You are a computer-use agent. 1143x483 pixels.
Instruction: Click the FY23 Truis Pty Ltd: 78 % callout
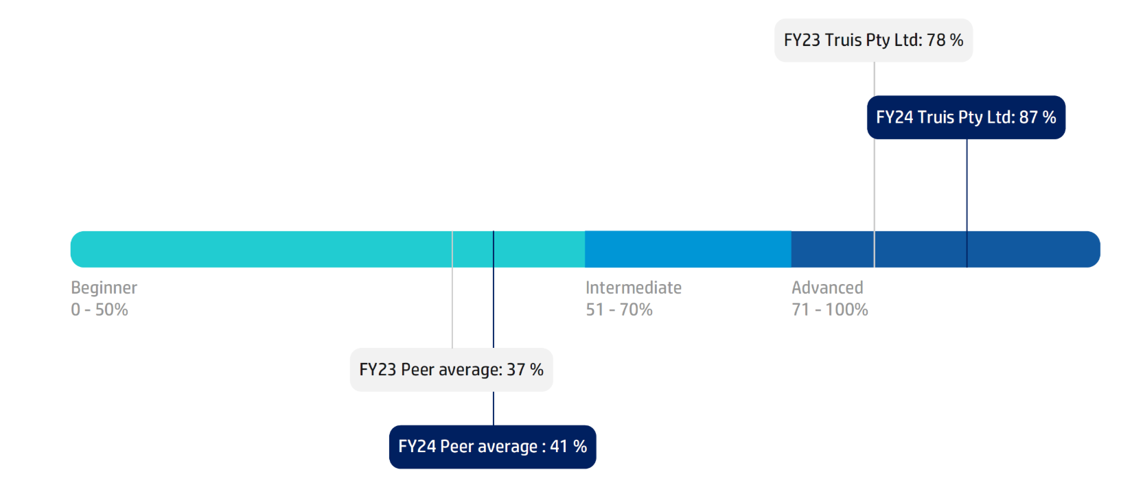pyautogui.click(x=873, y=40)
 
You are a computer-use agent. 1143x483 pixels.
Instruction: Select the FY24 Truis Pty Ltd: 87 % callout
pyautogui.click(x=966, y=117)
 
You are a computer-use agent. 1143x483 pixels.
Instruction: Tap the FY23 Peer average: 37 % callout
pyautogui.click(x=451, y=370)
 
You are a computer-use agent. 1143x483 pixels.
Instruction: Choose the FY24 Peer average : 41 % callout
pyautogui.click(x=492, y=447)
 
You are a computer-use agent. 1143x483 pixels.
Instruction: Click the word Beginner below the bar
pyautogui.click(x=104, y=287)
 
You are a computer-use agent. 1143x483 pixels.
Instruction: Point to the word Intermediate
pyautogui.click(x=633, y=287)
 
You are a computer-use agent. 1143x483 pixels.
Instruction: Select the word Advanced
pyautogui.click(x=827, y=287)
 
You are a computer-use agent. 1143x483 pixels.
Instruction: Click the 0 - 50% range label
pyautogui.click(x=100, y=309)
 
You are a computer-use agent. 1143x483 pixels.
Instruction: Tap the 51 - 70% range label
pyautogui.click(x=619, y=309)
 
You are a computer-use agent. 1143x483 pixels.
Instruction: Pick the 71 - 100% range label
pyautogui.click(x=829, y=309)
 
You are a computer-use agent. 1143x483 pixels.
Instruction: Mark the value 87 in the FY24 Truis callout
pyautogui.click(x=1028, y=117)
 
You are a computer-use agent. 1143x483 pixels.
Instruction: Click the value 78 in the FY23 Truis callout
pyautogui.click(x=936, y=40)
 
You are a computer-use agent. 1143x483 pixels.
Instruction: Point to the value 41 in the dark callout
pyautogui.click(x=559, y=447)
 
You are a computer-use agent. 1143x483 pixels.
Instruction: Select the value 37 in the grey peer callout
pyautogui.click(x=516, y=370)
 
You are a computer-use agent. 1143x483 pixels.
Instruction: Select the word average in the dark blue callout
pyautogui.click(x=507, y=447)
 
